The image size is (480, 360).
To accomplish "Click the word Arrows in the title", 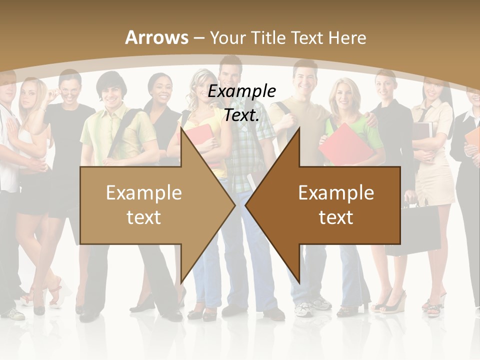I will click(157, 37).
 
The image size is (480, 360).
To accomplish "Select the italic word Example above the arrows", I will click(242, 91).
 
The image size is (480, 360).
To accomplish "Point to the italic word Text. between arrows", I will click(242, 115).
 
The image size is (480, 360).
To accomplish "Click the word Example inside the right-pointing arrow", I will click(144, 193).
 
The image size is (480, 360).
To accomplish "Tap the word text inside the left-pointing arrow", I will click(336, 217).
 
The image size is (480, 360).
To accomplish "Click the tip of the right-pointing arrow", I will click(234, 205).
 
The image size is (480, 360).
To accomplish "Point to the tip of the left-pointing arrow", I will click(246, 205).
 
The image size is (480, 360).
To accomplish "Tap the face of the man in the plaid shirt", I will click(230, 75).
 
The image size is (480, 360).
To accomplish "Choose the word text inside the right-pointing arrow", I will click(144, 217).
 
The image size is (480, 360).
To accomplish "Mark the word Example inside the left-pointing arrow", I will click(336, 193).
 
